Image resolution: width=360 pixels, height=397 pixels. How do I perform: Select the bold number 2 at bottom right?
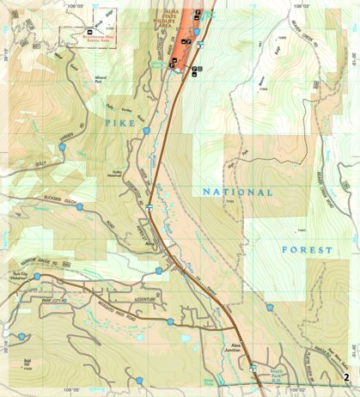tap(345, 376)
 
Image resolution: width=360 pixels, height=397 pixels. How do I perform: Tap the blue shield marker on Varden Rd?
tap(62, 148)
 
